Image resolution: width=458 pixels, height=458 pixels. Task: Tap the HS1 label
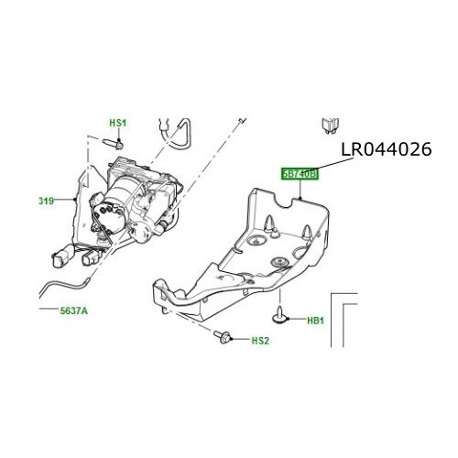coord(117,122)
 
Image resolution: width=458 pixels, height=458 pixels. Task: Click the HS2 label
coord(260,342)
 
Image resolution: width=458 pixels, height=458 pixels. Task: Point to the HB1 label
coord(315,321)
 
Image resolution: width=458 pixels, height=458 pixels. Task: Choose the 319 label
coord(46,200)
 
